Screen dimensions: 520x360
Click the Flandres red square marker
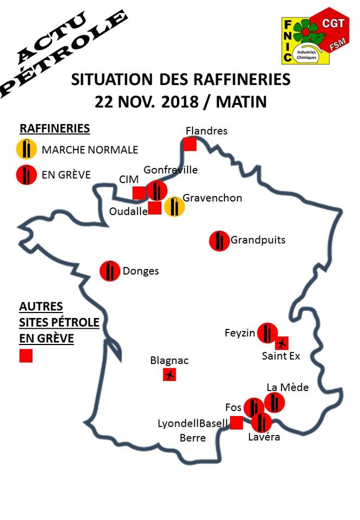tap(189, 144)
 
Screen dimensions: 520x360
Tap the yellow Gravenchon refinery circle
tap(174, 207)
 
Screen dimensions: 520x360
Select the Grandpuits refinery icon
tap(219, 240)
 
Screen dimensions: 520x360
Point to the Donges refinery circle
tap(110, 270)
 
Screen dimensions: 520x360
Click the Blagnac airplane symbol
tap(170, 374)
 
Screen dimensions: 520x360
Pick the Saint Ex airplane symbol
tap(281, 343)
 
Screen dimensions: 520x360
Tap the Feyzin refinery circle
tap(267, 333)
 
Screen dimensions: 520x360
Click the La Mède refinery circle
tap(274, 403)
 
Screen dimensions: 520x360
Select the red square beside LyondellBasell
tap(236, 423)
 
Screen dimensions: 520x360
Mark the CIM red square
tap(139, 192)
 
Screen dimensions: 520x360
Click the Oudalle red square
tap(155, 208)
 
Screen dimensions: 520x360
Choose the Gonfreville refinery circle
tap(157, 191)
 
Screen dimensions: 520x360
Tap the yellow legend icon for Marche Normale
tap(26, 149)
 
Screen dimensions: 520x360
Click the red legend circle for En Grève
tap(26, 174)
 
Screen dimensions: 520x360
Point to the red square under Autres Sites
tap(26, 356)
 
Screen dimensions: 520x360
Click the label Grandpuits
tap(258, 240)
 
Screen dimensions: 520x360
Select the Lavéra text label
tap(264, 437)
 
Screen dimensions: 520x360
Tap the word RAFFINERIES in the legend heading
tap(55, 128)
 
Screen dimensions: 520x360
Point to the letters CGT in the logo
tap(333, 22)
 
